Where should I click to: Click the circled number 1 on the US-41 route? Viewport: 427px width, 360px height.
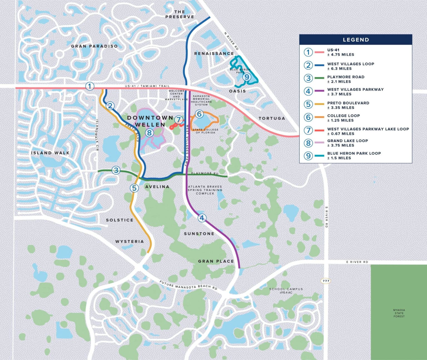(x=90, y=86)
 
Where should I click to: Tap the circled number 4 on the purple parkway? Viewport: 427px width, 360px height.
(x=202, y=218)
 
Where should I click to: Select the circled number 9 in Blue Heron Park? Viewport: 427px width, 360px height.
(x=247, y=77)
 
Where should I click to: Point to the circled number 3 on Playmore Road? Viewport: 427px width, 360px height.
(x=116, y=170)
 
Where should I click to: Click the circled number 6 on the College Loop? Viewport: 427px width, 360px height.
(x=199, y=114)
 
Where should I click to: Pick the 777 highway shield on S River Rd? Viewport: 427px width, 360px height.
(x=326, y=281)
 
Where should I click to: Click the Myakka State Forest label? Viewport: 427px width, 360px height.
(x=399, y=313)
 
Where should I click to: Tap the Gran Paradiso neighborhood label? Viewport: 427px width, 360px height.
(x=94, y=46)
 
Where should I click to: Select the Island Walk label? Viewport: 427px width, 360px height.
(x=50, y=153)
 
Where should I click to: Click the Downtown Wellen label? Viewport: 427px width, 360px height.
(x=150, y=121)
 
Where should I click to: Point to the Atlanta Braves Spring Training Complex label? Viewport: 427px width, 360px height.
(x=205, y=190)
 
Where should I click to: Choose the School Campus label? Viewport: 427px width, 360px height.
(x=286, y=291)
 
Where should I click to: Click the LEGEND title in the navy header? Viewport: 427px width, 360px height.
(x=356, y=40)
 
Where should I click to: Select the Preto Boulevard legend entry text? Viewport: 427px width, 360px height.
(x=348, y=105)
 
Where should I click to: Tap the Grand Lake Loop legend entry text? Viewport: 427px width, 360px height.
(x=347, y=143)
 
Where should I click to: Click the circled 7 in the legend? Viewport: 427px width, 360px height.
(x=308, y=130)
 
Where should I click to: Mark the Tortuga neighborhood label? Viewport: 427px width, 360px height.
(x=272, y=118)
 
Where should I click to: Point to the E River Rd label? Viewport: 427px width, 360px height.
(x=357, y=262)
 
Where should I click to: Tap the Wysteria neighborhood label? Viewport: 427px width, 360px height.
(x=130, y=242)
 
